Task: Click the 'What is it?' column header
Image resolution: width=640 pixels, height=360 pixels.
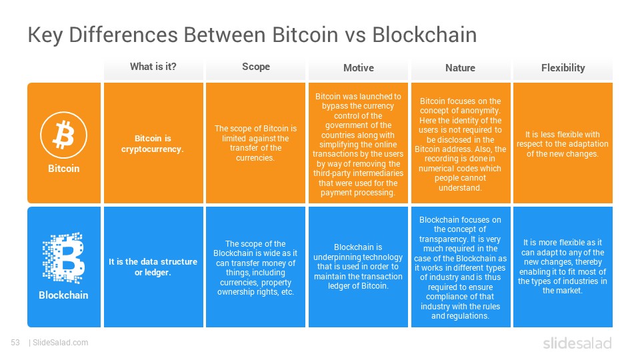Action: coord(153,67)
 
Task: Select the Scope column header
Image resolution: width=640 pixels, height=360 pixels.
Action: coord(256,67)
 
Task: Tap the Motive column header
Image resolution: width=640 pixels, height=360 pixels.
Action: coord(359,68)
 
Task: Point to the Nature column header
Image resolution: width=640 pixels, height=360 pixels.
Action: coord(461,68)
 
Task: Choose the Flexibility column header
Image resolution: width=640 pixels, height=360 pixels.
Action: coord(563,68)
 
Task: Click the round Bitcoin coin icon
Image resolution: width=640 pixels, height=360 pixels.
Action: coord(64,135)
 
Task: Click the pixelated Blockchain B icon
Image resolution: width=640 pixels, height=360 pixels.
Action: coord(64,258)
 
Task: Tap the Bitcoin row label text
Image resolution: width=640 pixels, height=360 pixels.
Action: coord(64,169)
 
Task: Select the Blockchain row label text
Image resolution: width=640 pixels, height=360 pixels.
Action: coord(63,295)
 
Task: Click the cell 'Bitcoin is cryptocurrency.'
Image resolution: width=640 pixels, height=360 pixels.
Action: coord(153,144)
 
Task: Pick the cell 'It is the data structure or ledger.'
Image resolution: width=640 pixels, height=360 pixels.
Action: coord(153,267)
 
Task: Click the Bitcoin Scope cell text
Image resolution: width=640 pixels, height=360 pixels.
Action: coord(255,143)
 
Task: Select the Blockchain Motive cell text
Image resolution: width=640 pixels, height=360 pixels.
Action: coord(358,267)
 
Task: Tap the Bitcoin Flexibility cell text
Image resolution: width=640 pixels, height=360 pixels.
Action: coord(563,144)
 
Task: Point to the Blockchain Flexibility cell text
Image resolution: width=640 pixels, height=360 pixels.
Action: coord(563,267)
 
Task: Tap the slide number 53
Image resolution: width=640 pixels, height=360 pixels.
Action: coord(15,343)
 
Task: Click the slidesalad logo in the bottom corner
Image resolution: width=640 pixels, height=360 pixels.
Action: coord(577,343)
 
